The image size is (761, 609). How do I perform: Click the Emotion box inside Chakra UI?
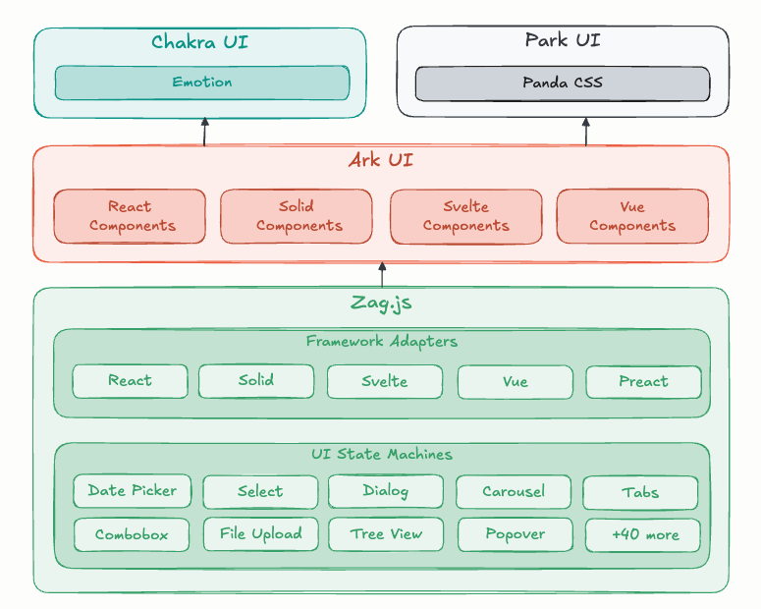pos(201,83)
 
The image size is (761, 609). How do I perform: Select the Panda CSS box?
pos(562,83)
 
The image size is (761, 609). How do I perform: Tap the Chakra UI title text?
pos(199,42)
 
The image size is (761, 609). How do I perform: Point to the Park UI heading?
pos(562,41)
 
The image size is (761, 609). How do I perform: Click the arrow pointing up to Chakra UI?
pos(205,132)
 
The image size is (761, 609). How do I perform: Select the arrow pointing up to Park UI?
pos(586,132)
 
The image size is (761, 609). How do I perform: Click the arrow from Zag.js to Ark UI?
pos(382,274)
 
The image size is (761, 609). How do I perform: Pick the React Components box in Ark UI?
pos(130,216)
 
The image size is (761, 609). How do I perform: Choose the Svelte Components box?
pos(465,216)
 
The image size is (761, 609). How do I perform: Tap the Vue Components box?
pos(632,216)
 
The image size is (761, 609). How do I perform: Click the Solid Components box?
pos(297,216)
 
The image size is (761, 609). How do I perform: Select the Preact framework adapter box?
pos(643,382)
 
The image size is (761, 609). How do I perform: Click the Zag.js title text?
pos(381,303)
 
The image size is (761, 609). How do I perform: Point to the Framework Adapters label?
pos(381,342)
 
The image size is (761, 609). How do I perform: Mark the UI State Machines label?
pos(381,455)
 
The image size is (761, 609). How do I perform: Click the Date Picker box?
pos(132,491)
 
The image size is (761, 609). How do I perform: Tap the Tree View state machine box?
pos(386,534)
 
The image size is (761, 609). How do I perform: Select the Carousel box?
pos(513,491)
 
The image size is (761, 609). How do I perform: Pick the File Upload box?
pos(260,534)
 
